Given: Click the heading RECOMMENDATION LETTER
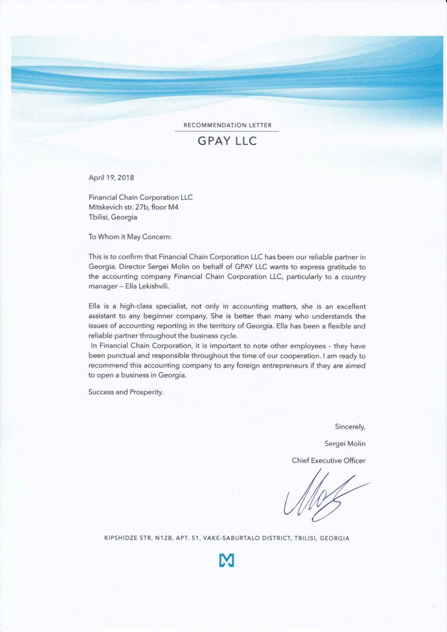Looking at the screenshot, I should (227, 125).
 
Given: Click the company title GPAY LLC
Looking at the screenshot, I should (227, 141).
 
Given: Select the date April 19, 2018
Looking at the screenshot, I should (111, 178).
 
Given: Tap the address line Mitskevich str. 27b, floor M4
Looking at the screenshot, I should (133, 207).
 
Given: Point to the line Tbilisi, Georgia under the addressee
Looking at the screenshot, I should (113, 217).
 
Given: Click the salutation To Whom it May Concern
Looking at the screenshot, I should (130, 237).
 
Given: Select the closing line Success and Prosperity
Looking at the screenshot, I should (126, 392).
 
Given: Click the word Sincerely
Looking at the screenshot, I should (350, 427).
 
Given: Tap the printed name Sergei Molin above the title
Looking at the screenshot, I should (345, 444).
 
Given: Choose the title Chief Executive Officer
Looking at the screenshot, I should (328, 460).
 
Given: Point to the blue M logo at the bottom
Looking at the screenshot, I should (227, 560).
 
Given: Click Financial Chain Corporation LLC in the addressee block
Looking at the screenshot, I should (140, 197).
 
